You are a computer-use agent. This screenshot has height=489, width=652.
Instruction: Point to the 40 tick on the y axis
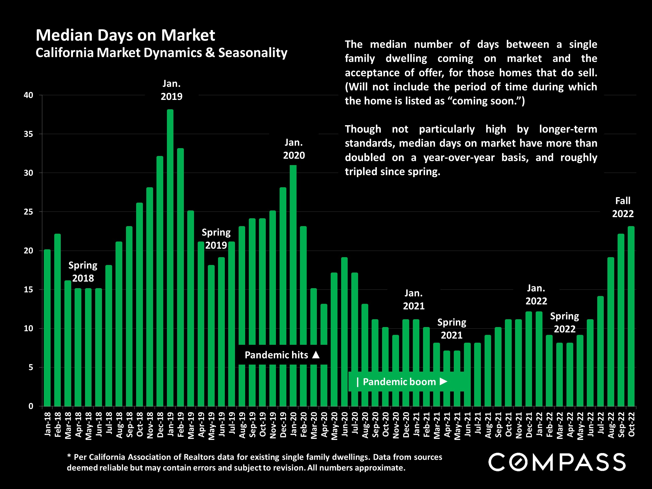tap(29, 95)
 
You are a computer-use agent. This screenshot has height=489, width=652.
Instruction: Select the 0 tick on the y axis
tap(31, 406)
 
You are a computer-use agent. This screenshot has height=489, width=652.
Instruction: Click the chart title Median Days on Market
tap(125, 35)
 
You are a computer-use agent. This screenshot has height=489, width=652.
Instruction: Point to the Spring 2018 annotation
tap(83, 271)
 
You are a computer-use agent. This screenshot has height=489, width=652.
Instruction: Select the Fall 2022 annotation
tap(623, 207)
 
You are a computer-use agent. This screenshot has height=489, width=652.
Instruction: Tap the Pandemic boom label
tap(399, 382)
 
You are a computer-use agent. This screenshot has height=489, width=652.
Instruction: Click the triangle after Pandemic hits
tap(316, 355)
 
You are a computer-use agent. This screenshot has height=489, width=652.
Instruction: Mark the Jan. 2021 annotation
tap(414, 299)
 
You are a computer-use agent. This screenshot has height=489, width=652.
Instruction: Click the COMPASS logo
tap(557, 462)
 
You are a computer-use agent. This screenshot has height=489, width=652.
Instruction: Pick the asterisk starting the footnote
tap(69, 456)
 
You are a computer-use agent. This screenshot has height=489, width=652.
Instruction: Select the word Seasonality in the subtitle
tap(253, 53)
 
